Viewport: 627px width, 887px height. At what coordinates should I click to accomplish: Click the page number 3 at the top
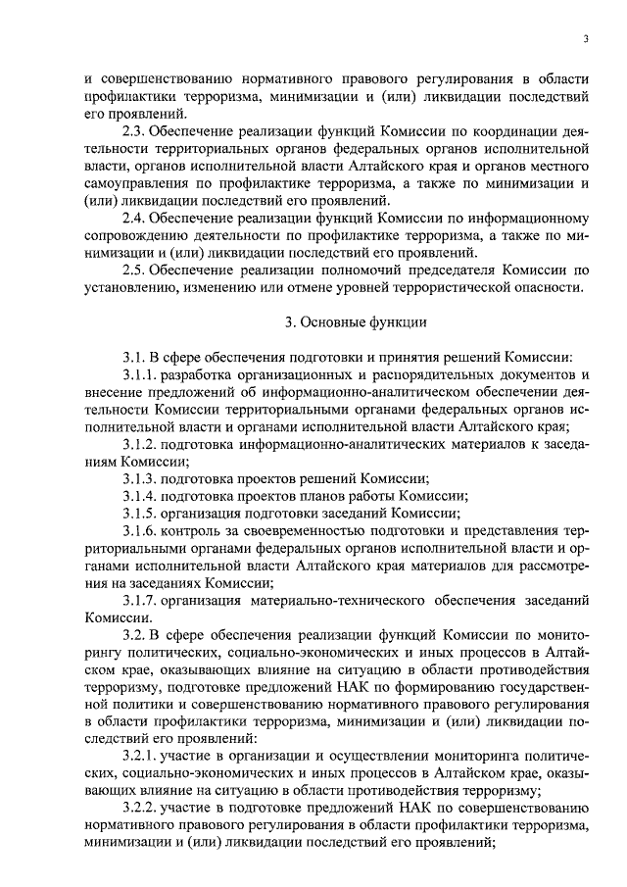(585, 40)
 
